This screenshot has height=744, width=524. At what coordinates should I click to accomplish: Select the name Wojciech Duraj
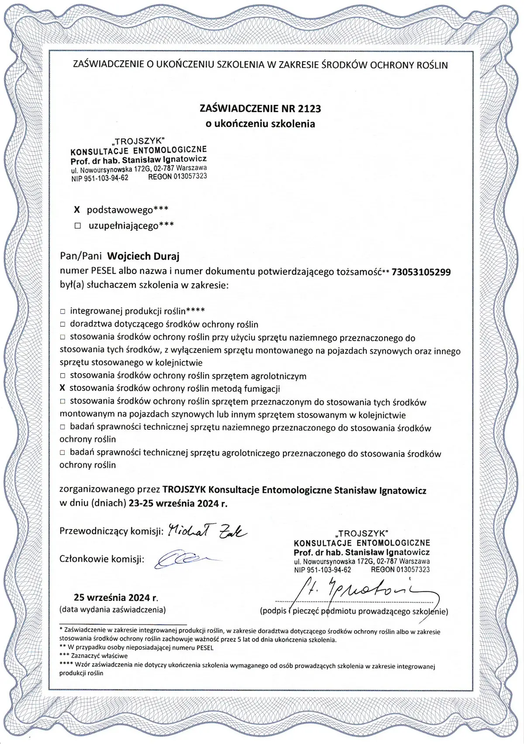[x=143, y=256]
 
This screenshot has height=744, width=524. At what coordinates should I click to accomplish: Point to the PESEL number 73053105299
[x=421, y=272]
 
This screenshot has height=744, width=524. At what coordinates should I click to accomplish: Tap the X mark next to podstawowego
[x=77, y=210]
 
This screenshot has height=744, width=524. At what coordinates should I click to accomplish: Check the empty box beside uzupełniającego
[x=78, y=226]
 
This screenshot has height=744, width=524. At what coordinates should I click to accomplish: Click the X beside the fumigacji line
[x=62, y=388]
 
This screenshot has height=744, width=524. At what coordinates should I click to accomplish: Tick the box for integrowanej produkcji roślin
[x=62, y=312]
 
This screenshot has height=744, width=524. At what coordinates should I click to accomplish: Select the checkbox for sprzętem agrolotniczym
[x=62, y=376]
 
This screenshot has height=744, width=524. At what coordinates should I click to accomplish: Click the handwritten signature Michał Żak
[x=207, y=530]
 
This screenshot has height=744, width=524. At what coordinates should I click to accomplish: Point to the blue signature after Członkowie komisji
[x=181, y=559]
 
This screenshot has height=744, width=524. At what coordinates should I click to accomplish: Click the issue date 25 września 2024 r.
[x=116, y=597]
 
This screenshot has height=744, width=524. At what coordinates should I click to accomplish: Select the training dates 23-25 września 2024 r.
[x=178, y=503]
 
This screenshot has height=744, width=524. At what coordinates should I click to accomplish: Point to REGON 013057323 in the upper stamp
[x=177, y=177]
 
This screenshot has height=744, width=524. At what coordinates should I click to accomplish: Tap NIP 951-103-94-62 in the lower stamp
[x=322, y=570]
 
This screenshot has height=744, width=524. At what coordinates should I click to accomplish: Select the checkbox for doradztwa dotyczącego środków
[x=62, y=325]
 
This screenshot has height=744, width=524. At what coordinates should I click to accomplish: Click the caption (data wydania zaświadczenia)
[x=113, y=610]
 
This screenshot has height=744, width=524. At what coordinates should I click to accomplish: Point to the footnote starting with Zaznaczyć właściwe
[x=94, y=655]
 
